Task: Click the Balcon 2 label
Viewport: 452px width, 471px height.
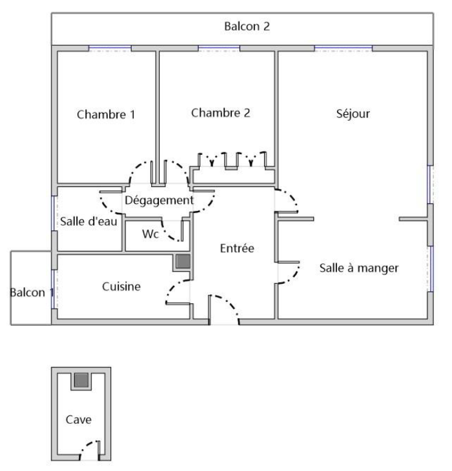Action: tap(247, 26)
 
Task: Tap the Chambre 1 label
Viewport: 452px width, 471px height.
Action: tap(106, 114)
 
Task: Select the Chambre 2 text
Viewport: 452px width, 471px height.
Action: tap(221, 113)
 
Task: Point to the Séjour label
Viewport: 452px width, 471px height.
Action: tap(353, 114)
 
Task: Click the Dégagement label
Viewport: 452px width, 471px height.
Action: tap(159, 201)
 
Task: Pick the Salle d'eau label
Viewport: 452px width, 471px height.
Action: tap(88, 222)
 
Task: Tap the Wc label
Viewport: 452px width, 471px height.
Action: tap(150, 234)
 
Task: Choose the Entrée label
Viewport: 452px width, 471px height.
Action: tap(237, 248)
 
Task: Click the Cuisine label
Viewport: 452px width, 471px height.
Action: tap(121, 286)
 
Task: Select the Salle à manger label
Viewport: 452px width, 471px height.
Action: tap(359, 268)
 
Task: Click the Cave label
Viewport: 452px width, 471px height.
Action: tap(78, 419)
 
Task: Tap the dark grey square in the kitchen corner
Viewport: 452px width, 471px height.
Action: tap(183, 261)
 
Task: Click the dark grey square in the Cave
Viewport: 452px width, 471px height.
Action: tap(81, 380)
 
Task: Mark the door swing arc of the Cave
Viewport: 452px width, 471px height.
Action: tap(88, 446)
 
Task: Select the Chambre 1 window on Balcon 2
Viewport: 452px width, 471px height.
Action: tap(110, 48)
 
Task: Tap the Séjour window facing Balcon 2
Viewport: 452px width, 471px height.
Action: tap(344, 48)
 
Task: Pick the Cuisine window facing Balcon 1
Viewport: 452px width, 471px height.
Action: tap(53, 289)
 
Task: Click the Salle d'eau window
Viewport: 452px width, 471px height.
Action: tap(53, 214)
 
